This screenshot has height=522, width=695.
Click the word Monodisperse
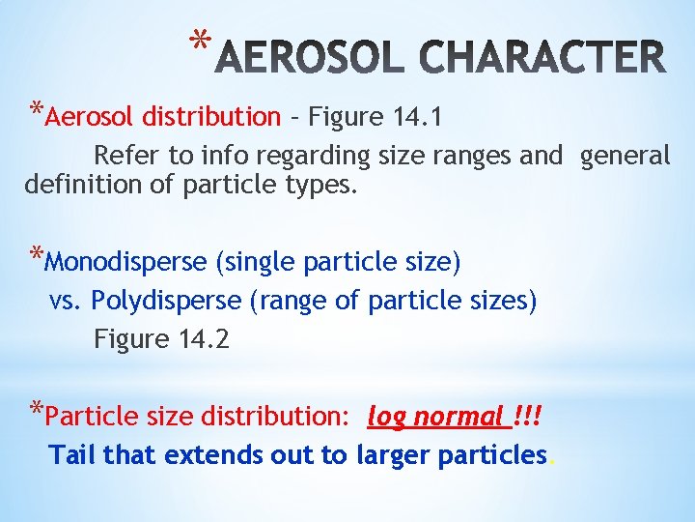point(125,262)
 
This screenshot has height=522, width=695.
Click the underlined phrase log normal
point(435,418)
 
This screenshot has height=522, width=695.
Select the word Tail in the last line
point(72,455)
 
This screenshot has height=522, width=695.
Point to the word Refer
point(122,156)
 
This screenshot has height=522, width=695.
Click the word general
point(625,156)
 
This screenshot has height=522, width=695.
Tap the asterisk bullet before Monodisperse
point(36,256)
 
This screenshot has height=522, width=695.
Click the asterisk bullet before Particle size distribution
point(36,411)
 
